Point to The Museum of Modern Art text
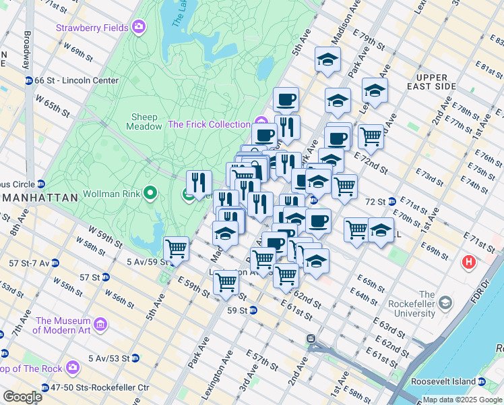62,325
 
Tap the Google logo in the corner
22,397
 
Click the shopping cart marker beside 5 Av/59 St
176,248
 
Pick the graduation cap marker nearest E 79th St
327,60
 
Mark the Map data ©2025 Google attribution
462,400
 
